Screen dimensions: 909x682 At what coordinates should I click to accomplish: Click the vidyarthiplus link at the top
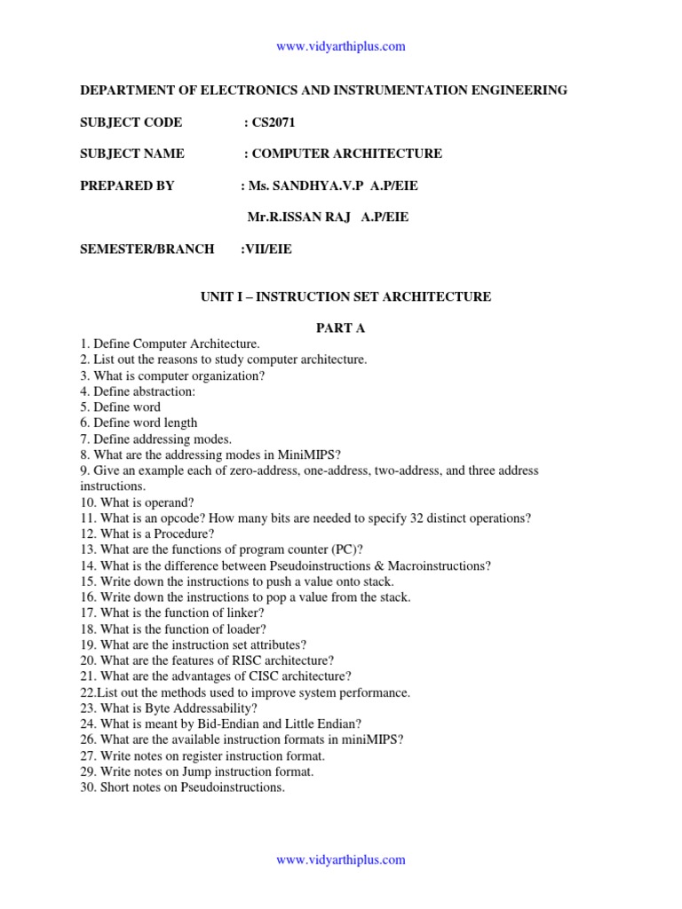point(341,46)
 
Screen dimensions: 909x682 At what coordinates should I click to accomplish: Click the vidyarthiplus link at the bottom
point(341,859)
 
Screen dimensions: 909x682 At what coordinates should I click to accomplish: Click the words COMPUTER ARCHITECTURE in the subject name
point(347,154)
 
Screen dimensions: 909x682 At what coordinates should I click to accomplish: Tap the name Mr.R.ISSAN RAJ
point(297,217)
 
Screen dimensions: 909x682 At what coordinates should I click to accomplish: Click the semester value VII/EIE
point(268,249)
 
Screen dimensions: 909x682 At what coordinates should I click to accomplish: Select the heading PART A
point(341,328)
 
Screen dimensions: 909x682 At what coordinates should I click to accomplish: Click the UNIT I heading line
point(345,296)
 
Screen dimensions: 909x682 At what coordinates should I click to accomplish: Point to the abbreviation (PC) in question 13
point(343,549)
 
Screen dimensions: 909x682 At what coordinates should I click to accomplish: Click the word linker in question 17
point(245,613)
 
